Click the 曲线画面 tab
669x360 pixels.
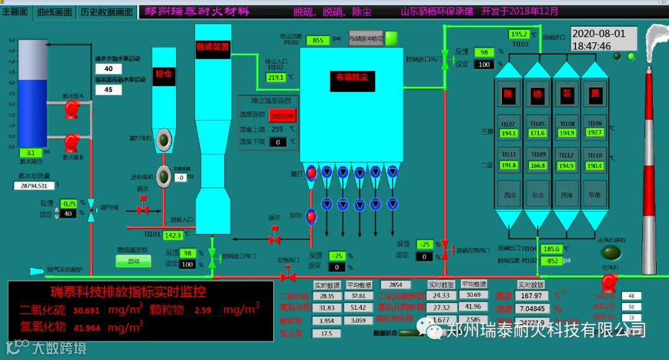[x=55, y=12]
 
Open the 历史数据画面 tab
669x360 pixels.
[x=107, y=12]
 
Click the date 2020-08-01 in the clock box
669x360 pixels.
[x=598, y=34]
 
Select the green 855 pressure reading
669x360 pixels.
[x=317, y=40]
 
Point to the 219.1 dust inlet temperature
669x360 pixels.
[x=276, y=77]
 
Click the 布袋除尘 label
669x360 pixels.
[x=352, y=77]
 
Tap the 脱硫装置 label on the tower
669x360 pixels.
[x=213, y=46]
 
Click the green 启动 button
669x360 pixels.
[x=133, y=261]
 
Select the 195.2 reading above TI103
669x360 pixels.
[x=518, y=34]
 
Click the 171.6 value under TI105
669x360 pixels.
[x=537, y=133]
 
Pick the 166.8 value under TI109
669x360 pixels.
[x=537, y=165]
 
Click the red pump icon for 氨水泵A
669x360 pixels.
[x=71, y=108]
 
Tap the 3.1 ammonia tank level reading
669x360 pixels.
[x=30, y=152]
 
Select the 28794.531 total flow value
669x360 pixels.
[x=34, y=185]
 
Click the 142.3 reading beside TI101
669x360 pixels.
[x=172, y=235]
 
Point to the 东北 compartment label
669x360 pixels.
[x=537, y=195]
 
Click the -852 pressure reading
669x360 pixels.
[x=549, y=261]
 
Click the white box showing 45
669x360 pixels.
[x=108, y=90]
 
